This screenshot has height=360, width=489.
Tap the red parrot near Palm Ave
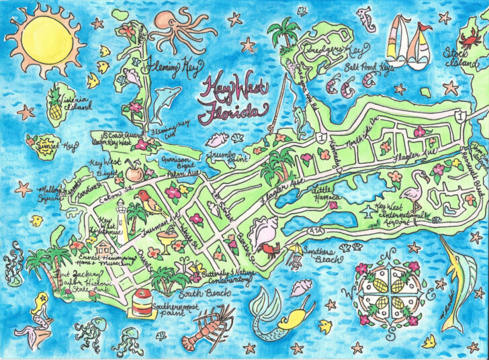(145, 198)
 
